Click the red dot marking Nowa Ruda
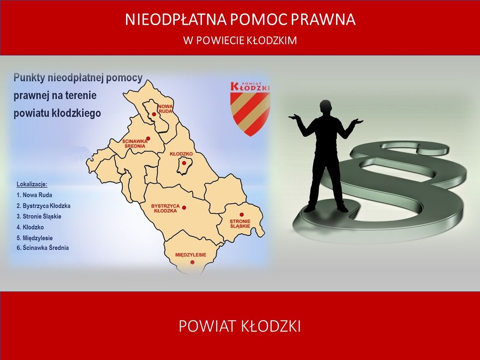click(x=154, y=114)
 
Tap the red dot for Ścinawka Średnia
click(x=148, y=138)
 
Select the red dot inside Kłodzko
click(x=184, y=163)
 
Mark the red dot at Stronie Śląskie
click(x=242, y=214)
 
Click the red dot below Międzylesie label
click(x=192, y=262)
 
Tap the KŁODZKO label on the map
click(x=181, y=154)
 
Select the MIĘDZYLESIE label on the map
click(x=191, y=255)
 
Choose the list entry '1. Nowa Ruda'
click(x=35, y=195)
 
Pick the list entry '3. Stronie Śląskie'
click(x=39, y=216)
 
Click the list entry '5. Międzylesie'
click(x=35, y=238)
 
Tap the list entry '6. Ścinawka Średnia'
click(x=43, y=248)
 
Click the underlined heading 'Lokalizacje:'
click(x=32, y=184)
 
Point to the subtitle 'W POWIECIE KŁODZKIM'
click(x=240, y=41)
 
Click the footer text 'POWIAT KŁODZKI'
click(x=240, y=326)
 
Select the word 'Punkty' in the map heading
click(x=29, y=78)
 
